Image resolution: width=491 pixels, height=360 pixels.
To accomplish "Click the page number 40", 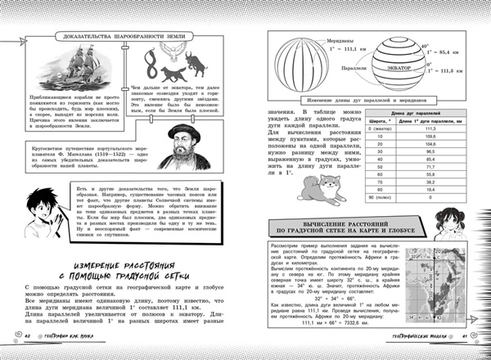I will tap(25, 338).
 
